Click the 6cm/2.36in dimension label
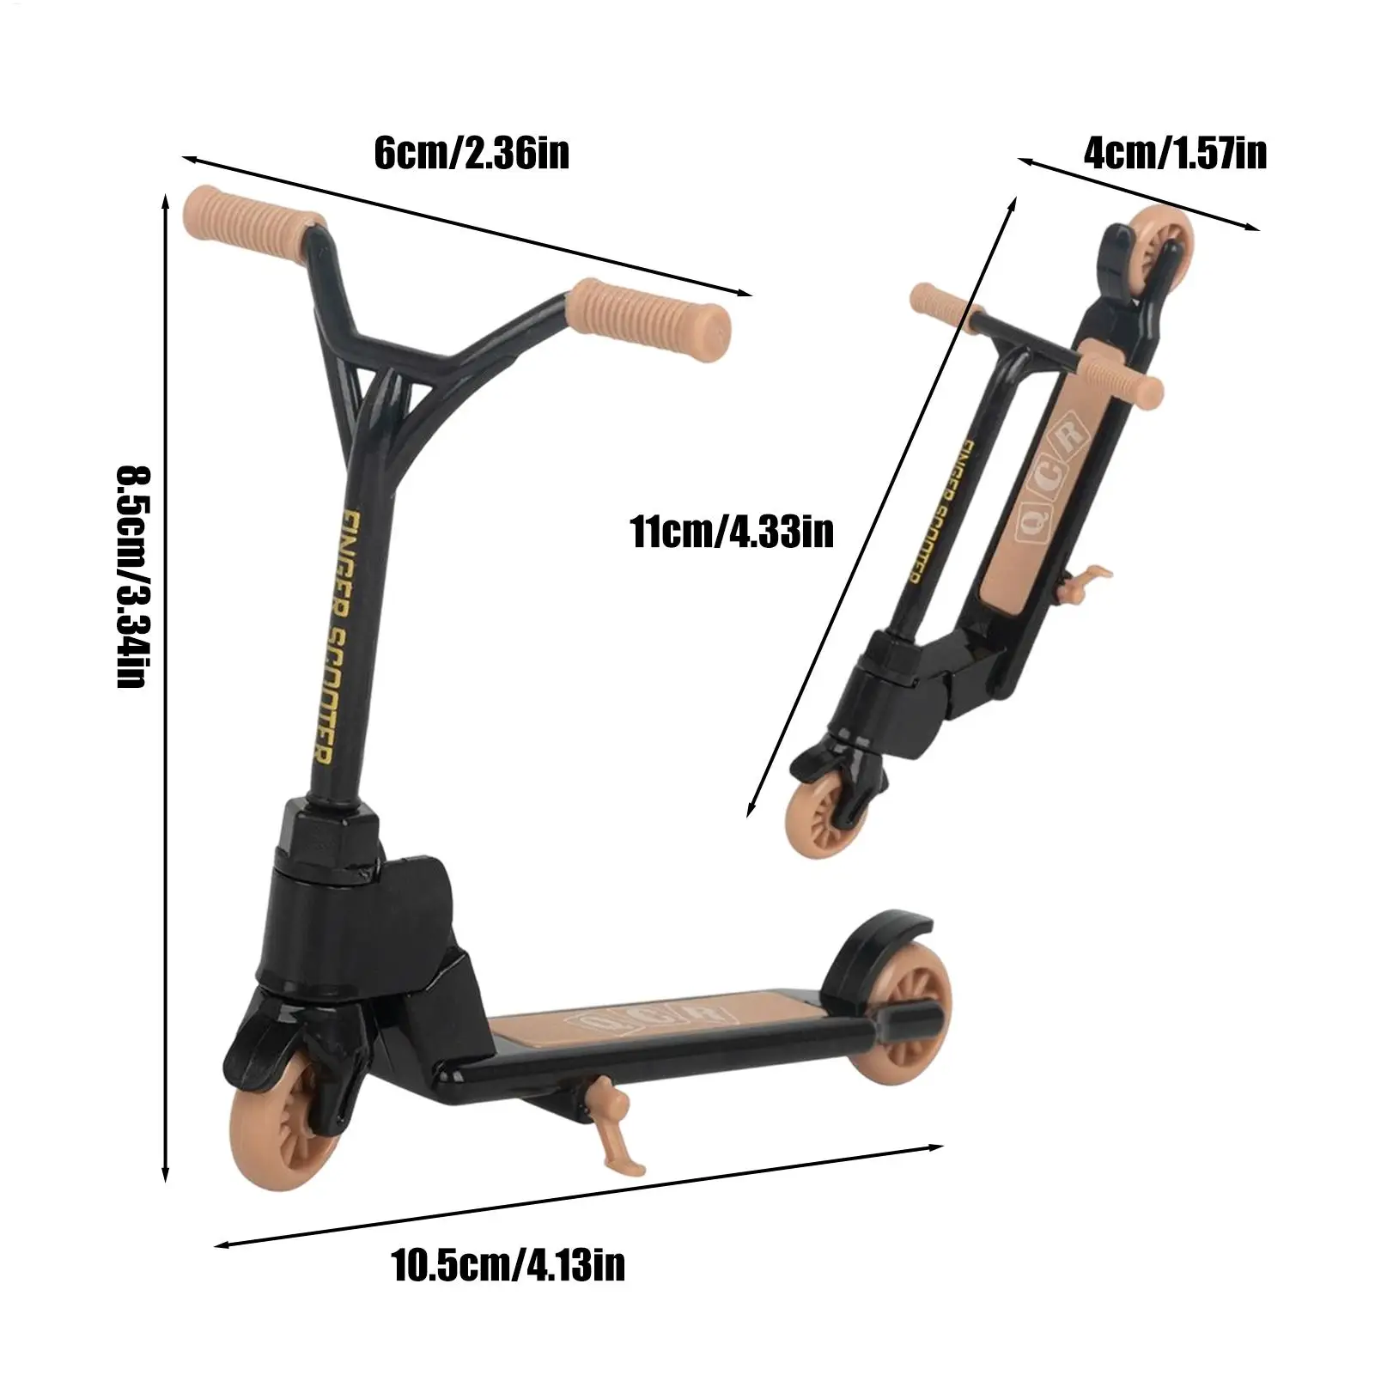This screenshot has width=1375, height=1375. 472,155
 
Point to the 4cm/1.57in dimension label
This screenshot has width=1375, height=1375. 1175,154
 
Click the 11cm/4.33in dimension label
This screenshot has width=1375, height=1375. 733,532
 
